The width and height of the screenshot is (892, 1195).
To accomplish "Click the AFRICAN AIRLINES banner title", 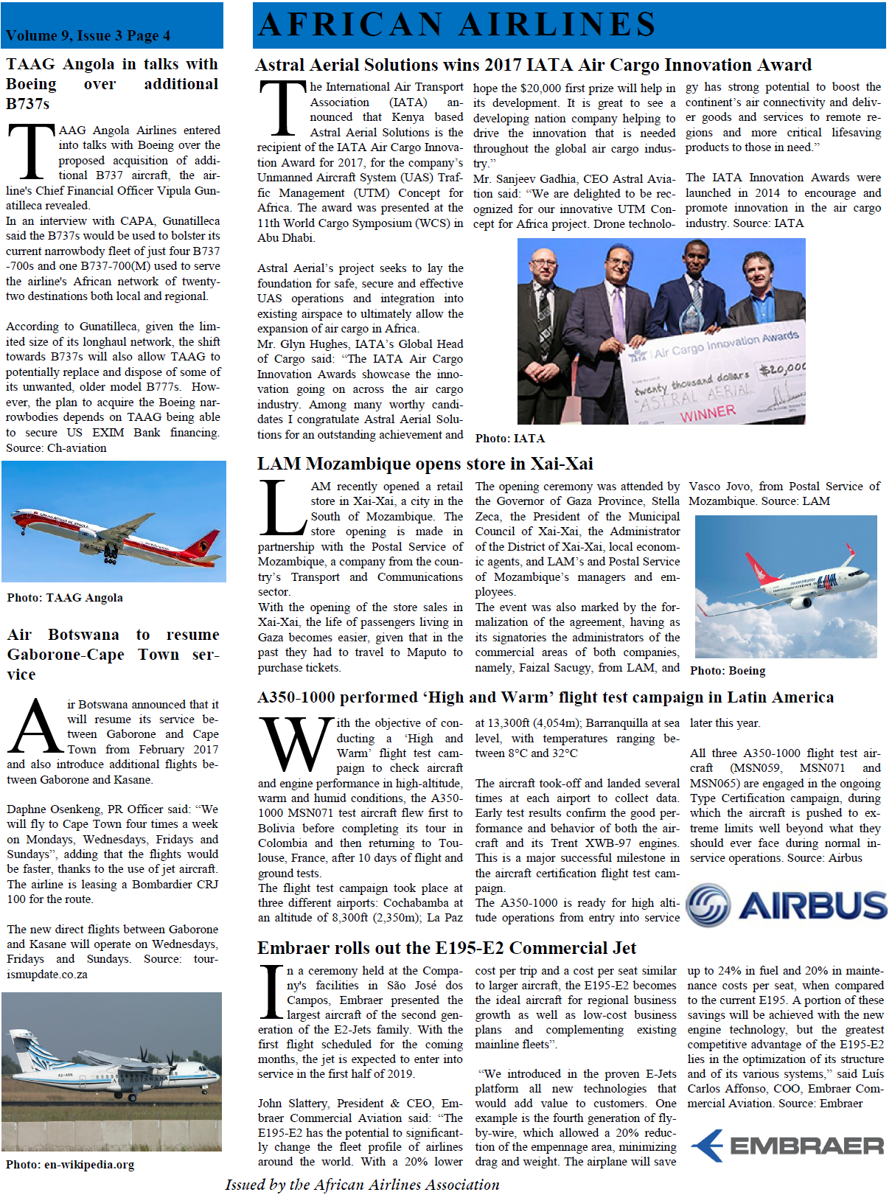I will click(x=457, y=24).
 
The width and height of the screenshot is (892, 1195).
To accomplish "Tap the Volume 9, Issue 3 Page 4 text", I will click(x=88, y=35).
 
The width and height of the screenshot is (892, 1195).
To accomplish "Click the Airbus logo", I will click(x=786, y=905).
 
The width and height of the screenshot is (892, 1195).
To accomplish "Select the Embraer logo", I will click(x=787, y=1145).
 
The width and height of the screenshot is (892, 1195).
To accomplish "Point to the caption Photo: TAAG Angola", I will click(x=65, y=598).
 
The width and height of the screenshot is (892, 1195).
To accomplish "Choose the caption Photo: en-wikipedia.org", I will click(x=70, y=1165).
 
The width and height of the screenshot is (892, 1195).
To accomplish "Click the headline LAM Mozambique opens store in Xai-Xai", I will click(x=425, y=464).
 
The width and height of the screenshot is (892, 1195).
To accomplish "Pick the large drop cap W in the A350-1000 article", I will click(x=294, y=745).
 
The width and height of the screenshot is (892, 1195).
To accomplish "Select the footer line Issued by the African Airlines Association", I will click(x=362, y=1185).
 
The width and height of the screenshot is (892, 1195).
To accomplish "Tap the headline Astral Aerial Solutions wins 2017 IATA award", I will click(x=533, y=65).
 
